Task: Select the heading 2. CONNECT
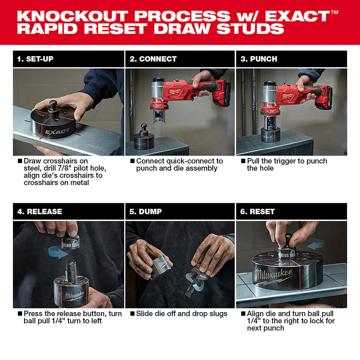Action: [153, 59]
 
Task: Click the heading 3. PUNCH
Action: [259, 59]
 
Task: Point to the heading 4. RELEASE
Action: [40, 212]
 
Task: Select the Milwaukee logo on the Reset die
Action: [274, 276]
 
